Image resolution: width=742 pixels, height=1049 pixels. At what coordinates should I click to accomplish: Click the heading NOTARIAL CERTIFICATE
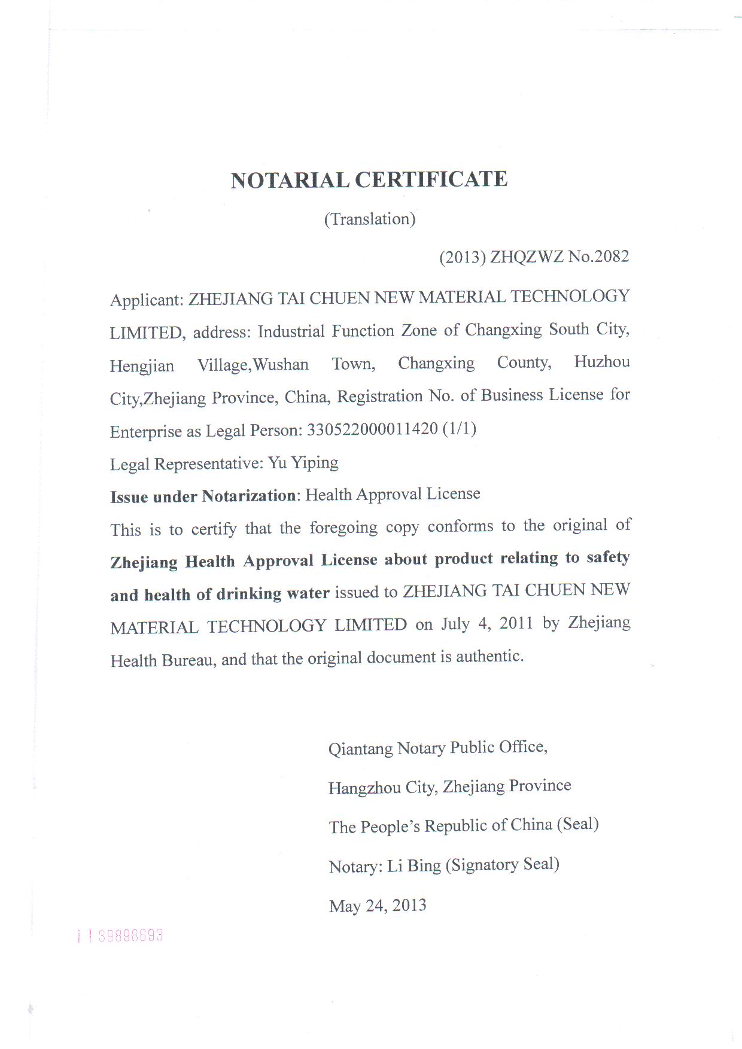pyautogui.click(x=369, y=180)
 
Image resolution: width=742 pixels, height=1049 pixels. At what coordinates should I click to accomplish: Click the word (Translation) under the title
pyautogui.click(x=370, y=219)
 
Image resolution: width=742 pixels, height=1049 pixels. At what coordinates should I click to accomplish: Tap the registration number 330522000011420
pyautogui.click(x=372, y=429)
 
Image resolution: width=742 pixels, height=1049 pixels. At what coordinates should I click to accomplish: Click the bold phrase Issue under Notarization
pyautogui.click(x=203, y=496)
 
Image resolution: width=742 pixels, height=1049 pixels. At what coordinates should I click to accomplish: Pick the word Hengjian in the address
pyautogui.click(x=142, y=365)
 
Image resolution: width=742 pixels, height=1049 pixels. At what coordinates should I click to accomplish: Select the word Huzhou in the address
pyautogui.click(x=601, y=362)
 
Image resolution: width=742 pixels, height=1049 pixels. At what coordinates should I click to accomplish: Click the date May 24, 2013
pyautogui.click(x=378, y=905)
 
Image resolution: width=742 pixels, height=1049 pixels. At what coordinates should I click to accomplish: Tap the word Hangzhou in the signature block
pyautogui.click(x=364, y=788)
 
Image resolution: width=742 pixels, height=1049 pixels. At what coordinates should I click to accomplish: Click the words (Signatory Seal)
pyautogui.click(x=503, y=865)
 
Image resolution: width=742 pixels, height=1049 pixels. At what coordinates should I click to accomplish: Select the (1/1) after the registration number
pyautogui.click(x=459, y=429)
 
